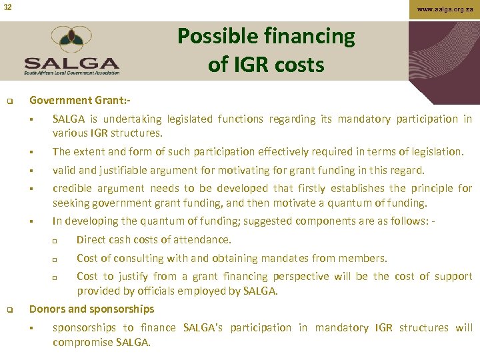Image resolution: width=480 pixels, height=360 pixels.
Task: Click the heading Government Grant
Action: pyautogui.click(x=79, y=101)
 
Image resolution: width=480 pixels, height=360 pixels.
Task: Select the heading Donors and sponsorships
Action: pyautogui.click(x=91, y=309)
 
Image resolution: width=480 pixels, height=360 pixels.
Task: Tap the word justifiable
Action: pyautogui.click(x=123, y=170)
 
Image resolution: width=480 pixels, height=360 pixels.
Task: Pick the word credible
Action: pyautogui.click(x=73, y=189)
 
